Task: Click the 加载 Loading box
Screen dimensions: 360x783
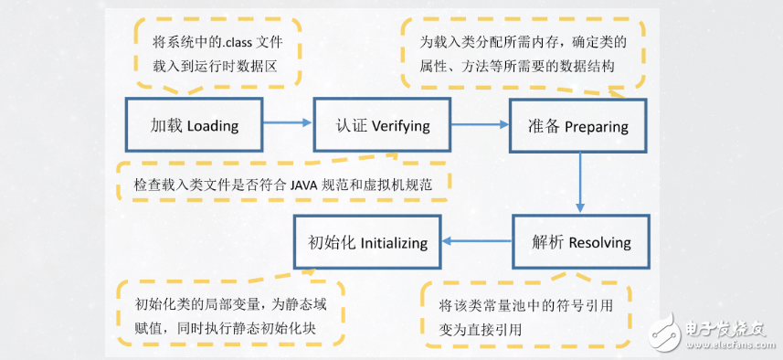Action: tap(194, 125)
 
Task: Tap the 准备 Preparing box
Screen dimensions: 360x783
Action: tap(580, 125)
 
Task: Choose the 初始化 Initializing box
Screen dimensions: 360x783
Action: tap(366, 242)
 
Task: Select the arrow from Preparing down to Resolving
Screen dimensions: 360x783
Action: tap(579, 183)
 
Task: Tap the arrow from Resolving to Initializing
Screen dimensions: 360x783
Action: tap(476, 242)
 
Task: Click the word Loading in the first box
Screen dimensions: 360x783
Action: tap(212, 126)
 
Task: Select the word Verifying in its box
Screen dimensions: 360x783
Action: tap(400, 126)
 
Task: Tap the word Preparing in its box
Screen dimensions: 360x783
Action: tap(597, 126)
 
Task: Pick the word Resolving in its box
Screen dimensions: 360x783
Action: tap(599, 243)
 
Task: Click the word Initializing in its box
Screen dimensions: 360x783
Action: tap(393, 243)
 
